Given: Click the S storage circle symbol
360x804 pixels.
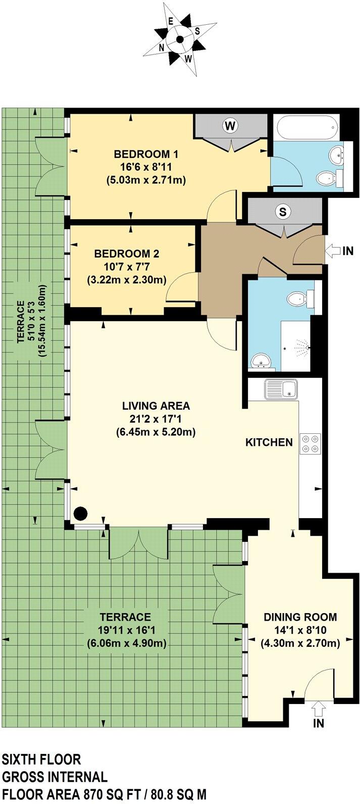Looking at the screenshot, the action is click(x=283, y=212).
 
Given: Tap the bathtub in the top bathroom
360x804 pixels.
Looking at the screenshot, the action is click(x=306, y=127).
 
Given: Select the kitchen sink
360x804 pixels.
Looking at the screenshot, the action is click(x=281, y=389).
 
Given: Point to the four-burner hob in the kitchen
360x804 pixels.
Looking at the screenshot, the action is click(x=311, y=443).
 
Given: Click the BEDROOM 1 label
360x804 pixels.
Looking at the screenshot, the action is click(x=146, y=155).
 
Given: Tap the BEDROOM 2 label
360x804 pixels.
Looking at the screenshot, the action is click(x=127, y=254).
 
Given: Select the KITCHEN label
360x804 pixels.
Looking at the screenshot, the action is click(x=269, y=442).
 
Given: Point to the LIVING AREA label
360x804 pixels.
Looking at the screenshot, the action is click(x=156, y=406).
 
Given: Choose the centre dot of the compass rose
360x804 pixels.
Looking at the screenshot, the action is click(x=180, y=39).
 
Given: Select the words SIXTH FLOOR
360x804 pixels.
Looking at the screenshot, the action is click(x=41, y=759).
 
